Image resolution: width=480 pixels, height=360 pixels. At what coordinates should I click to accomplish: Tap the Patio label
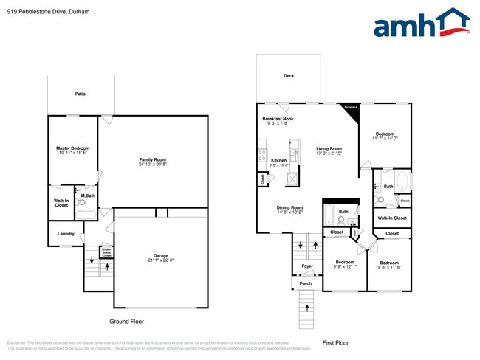(80, 94)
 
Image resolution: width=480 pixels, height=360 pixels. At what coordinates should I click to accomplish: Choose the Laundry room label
(66, 234)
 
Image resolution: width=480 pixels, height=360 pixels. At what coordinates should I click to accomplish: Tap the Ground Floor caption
(126, 322)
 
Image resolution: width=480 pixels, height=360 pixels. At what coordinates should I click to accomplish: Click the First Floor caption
(335, 342)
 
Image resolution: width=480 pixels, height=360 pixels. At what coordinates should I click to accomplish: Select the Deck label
(289, 76)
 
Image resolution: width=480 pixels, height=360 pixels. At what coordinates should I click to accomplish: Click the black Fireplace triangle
(351, 108)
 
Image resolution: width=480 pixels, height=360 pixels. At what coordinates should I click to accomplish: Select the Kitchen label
(279, 162)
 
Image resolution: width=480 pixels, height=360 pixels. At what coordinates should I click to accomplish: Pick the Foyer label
(307, 266)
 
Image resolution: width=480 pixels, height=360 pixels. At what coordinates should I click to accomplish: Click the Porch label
(305, 283)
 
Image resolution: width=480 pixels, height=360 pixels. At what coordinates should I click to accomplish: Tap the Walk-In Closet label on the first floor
(392, 218)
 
